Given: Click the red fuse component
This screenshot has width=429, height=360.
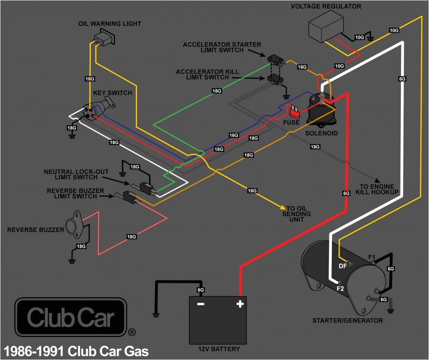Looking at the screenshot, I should pyautogui.click(x=294, y=111).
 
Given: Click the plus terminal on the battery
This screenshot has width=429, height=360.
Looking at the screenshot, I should pyautogui.click(x=240, y=304).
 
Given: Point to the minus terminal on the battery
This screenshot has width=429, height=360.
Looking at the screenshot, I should pyautogui.click(x=201, y=304).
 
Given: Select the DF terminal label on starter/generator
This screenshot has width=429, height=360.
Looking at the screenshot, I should pyautogui.click(x=342, y=265).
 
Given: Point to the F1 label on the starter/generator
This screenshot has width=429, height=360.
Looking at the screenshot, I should pyautogui.click(x=372, y=257).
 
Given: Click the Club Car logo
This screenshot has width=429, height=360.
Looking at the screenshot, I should pyautogui.click(x=71, y=318).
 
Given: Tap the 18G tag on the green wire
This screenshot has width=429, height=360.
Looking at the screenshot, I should pyautogui.click(x=217, y=91).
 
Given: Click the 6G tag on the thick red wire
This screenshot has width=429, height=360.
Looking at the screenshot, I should pyautogui.click(x=346, y=193).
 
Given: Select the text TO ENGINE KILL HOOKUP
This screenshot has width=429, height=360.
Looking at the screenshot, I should pyautogui.click(x=377, y=189).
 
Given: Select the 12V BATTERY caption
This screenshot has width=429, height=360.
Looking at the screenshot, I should pyautogui.click(x=219, y=349).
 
